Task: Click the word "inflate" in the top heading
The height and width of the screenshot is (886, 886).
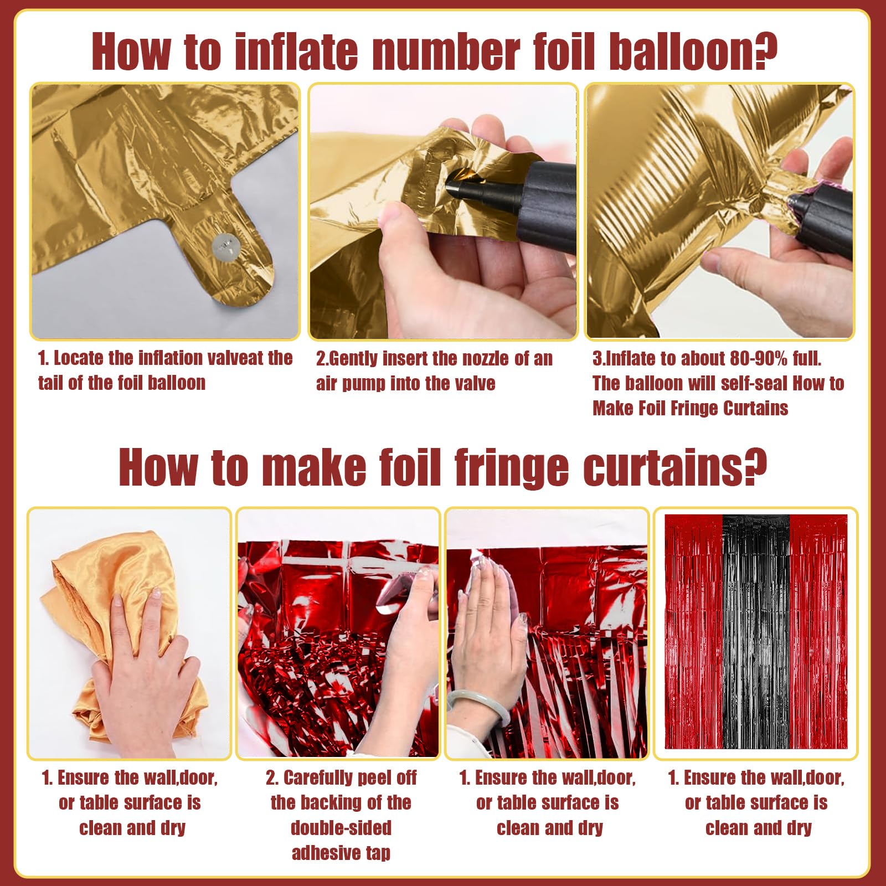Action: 297,51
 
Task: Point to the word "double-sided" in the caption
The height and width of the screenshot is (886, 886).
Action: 341,828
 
